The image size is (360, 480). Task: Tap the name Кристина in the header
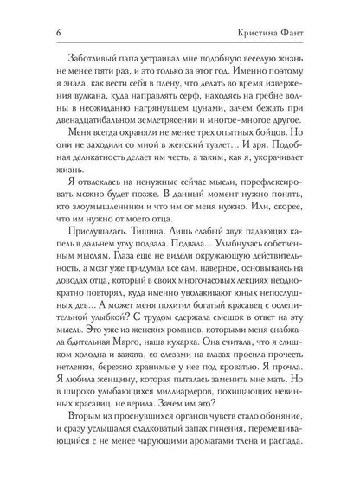point(274,34)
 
